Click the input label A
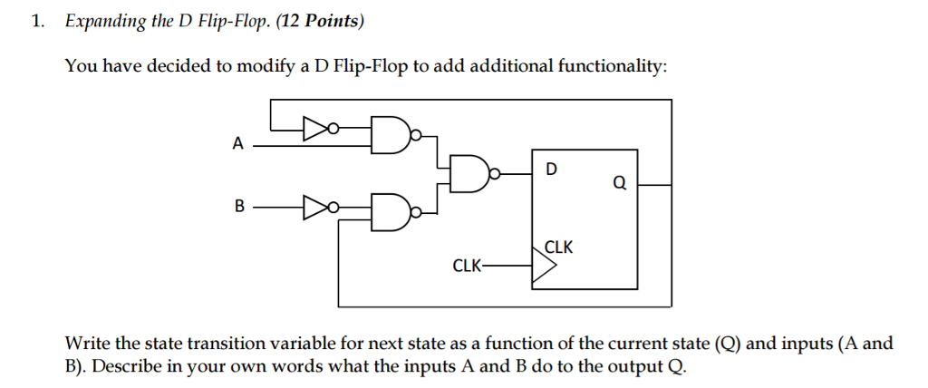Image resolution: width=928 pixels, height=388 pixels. click(x=238, y=143)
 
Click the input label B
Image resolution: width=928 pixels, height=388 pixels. click(x=239, y=207)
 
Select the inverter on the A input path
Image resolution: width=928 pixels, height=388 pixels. click(x=316, y=130)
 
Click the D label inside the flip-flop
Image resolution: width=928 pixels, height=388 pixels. click(x=553, y=169)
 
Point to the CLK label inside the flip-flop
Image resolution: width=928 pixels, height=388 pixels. click(x=558, y=247)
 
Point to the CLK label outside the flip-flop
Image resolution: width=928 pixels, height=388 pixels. click(x=467, y=266)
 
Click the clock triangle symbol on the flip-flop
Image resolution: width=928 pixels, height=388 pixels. click(x=542, y=267)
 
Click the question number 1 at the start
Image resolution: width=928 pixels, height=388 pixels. click(x=36, y=22)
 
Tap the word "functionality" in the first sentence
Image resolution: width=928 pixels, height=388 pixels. click(x=614, y=67)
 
